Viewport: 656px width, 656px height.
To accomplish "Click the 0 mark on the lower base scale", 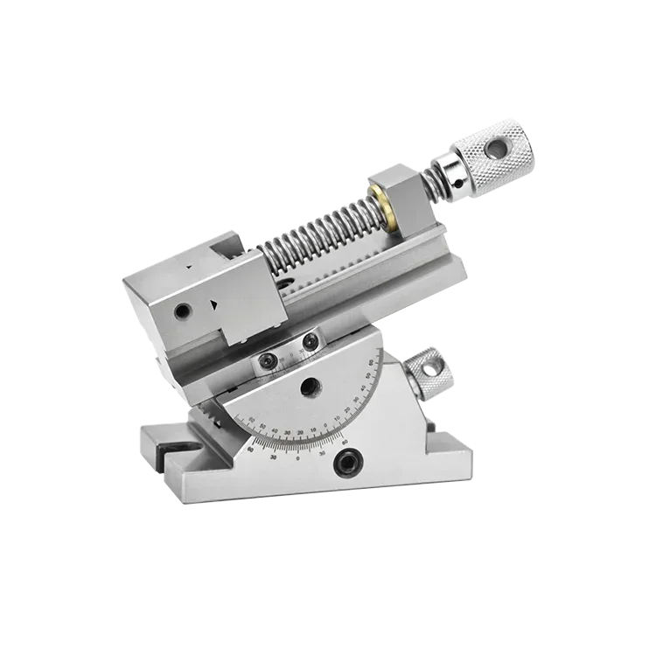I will tap(298, 458).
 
